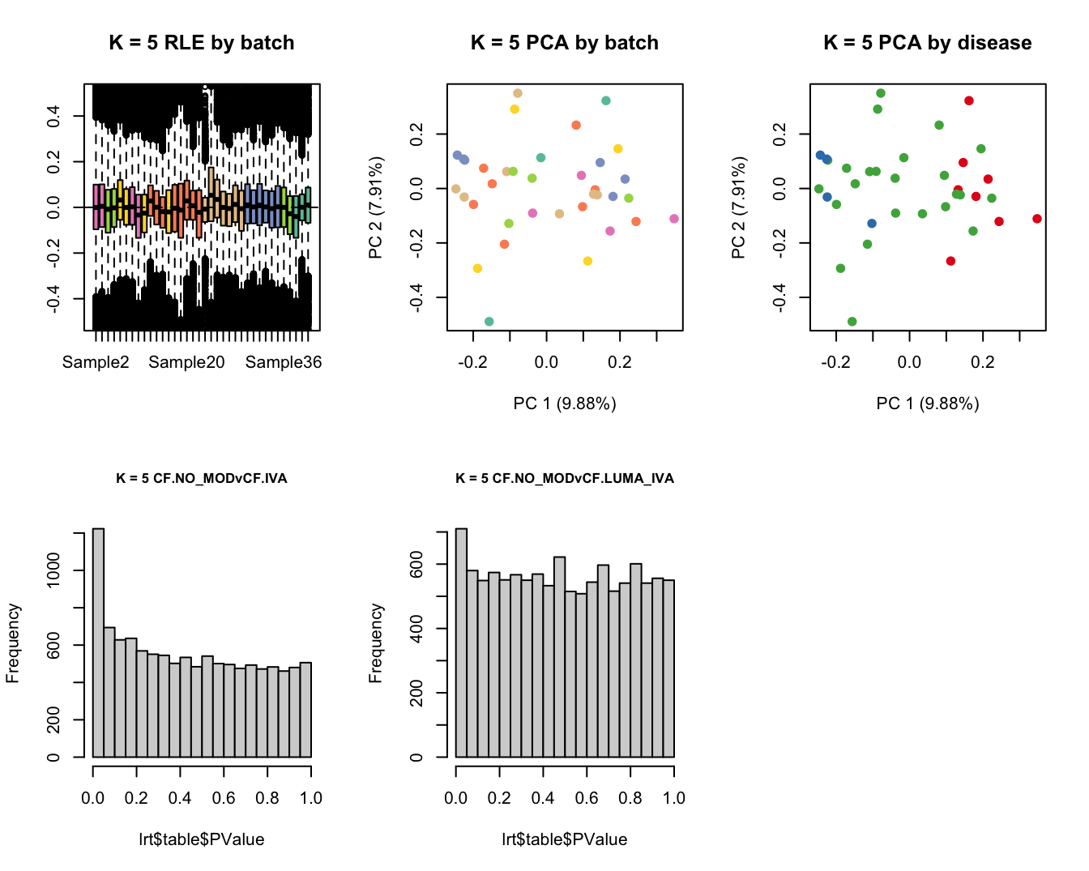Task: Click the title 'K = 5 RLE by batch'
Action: (x=201, y=43)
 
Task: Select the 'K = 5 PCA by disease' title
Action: (x=927, y=43)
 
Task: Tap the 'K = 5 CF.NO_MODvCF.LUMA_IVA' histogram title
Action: (x=564, y=478)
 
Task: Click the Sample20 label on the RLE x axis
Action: (x=186, y=362)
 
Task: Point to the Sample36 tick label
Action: (x=284, y=362)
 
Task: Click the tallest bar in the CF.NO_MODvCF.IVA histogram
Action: (x=98, y=643)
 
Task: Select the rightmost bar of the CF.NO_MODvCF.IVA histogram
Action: (x=305, y=710)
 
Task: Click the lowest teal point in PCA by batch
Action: (x=489, y=322)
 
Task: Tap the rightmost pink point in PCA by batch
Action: (x=674, y=219)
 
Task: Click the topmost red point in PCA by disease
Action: (x=968, y=100)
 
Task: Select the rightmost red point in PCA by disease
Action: (x=1037, y=219)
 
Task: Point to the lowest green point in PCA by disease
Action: (x=852, y=322)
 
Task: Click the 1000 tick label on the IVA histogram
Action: (x=53, y=570)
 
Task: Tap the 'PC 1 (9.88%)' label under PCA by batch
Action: (x=564, y=403)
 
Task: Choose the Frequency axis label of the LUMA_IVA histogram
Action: (x=375, y=643)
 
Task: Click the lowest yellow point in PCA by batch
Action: (x=477, y=268)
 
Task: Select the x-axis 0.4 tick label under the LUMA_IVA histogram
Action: (x=543, y=798)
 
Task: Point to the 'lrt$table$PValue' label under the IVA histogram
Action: (x=201, y=839)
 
